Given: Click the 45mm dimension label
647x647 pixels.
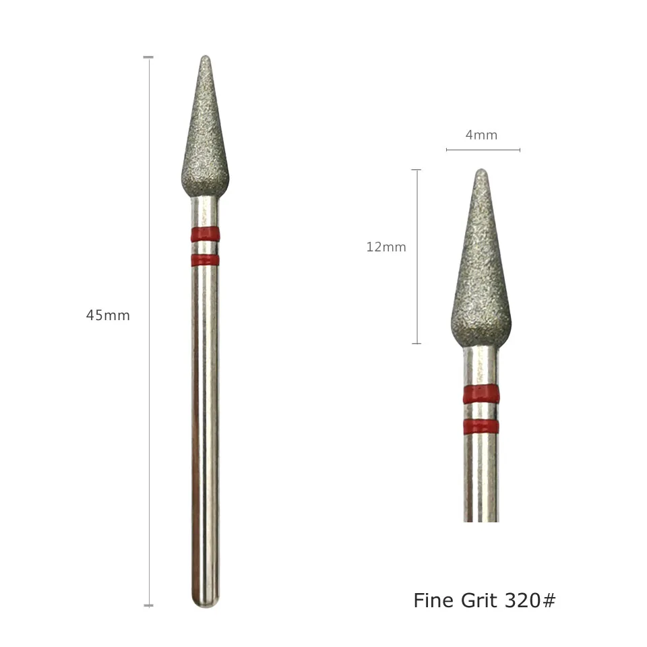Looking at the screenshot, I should point(108,315).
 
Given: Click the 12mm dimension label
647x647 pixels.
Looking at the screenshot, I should point(386,247).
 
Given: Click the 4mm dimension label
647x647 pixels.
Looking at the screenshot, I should point(481,135).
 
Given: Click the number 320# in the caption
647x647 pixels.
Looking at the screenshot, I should point(530,600).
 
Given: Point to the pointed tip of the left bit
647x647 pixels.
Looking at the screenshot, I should point(206,58).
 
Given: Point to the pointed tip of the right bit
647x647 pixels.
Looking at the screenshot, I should point(481,171).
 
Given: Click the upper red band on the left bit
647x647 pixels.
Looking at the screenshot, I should point(205,235).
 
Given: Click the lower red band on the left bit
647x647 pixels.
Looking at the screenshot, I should point(205,260).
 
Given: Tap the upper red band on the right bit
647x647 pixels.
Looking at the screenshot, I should point(481,393).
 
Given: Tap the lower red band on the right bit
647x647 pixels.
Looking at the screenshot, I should point(481,426).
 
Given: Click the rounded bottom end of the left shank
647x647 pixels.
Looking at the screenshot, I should point(205,602).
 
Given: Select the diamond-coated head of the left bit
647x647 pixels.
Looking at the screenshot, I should point(205,142).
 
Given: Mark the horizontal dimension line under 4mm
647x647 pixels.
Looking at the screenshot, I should point(483,150).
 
